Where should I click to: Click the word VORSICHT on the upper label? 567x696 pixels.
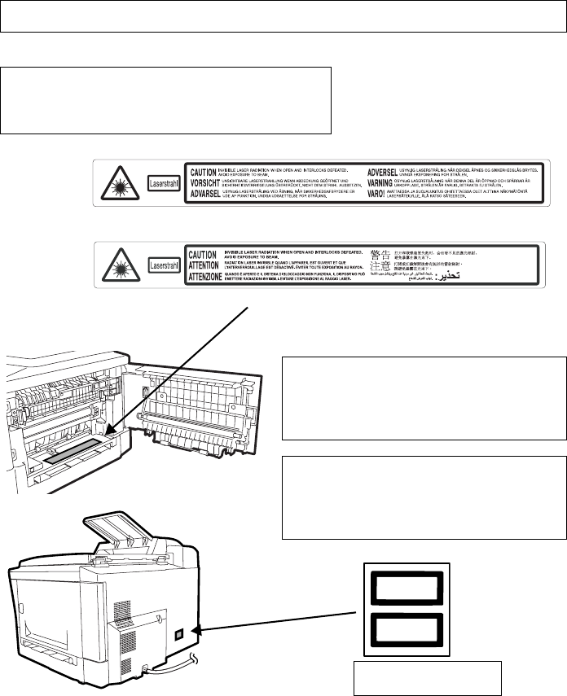click(x=203, y=184)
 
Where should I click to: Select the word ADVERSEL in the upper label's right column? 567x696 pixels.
click(x=388, y=173)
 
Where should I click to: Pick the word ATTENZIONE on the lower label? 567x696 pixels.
click(x=211, y=277)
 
